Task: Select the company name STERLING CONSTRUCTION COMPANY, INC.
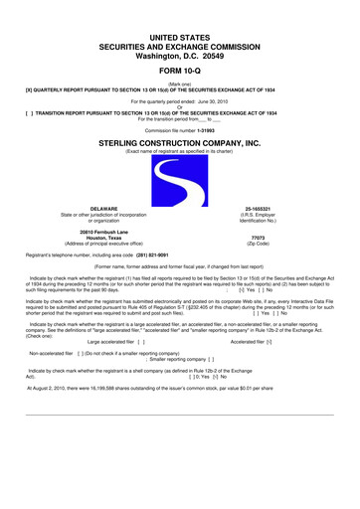click(x=180, y=142)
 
